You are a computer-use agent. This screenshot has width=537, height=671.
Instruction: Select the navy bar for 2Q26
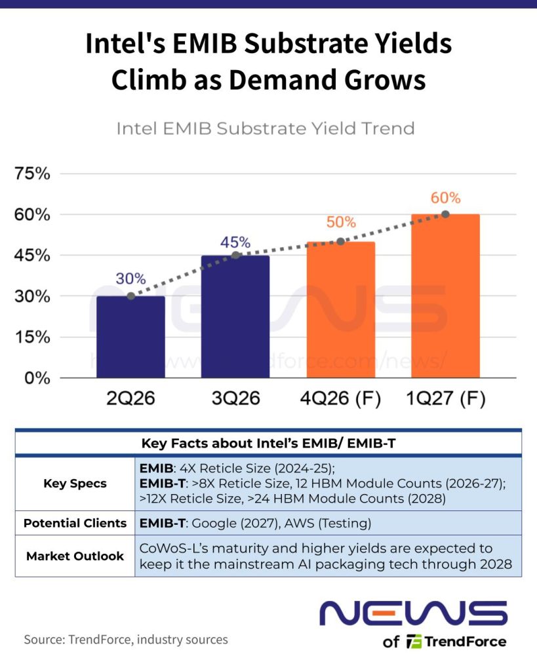pyautogui.click(x=130, y=337)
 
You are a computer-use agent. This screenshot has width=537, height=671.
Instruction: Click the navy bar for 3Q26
pyautogui.click(x=235, y=316)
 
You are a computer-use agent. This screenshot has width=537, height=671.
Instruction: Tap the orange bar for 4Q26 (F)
pyautogui.click(x=341, y=310)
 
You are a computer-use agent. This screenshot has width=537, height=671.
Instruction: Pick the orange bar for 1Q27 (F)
pyautogui.click(x=445, y=296)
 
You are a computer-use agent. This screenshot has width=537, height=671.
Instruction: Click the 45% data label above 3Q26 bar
pyautogui.click(x=235, y=242)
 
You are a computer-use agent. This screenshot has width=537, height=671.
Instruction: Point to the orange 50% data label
pyautogui.click(x=341, y=221)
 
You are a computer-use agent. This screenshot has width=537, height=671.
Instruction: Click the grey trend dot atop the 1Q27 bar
pyautogui.click(x=445, y=214)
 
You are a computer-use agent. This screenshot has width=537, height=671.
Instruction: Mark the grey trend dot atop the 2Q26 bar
pyautogui.click(x=131, y=296)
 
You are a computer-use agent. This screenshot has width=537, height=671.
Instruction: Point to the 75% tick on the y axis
pyautogui.click(x=32, y=174)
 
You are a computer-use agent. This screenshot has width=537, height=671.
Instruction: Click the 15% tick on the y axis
pyautogui.click(x=32, y=337)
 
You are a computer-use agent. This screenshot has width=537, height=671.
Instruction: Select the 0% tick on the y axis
pyautogui.click(x=37, y=378)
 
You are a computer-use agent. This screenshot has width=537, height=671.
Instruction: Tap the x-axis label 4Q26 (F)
pyautogui.click(x=340, y=398)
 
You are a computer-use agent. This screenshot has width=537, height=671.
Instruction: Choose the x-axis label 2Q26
pyautogui.click(x=130, y=398)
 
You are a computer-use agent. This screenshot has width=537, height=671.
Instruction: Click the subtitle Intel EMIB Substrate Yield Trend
pyautogui.click(x=266, y=128)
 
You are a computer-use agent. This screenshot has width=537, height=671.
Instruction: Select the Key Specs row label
pyautogui.click(x=75, y=484)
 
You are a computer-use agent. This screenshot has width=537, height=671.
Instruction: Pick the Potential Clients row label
pyautogui.click(x=75, y=523)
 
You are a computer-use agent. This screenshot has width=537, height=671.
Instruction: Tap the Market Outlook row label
pyautogui.click(x=75, y=556)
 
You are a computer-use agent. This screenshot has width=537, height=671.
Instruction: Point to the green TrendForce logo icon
pyautogui.click(x=414, y=642)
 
